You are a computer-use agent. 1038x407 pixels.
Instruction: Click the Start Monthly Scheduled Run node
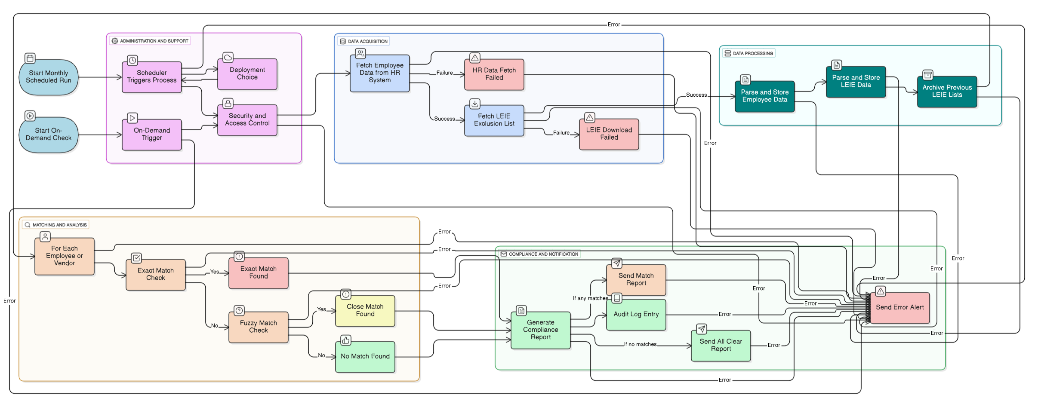(48, 77)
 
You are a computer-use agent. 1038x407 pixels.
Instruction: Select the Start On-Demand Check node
(48, 135)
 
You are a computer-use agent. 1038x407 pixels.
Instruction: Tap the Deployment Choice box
(247, 74)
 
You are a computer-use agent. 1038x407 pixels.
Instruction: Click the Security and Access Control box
(247, 120)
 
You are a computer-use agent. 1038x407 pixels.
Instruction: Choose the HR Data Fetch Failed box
(494, 74)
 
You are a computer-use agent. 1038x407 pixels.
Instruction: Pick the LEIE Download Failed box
(609, 134)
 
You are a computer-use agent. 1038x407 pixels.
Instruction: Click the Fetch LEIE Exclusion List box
(494, 120)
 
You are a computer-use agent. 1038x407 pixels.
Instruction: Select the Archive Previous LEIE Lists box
(947, 92)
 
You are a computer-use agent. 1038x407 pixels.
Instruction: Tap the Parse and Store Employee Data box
(764, 96)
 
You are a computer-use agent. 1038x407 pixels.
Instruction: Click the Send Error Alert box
(899, 308)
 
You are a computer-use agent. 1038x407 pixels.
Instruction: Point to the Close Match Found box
(365, 311)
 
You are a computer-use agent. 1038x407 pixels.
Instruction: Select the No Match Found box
(365, 357)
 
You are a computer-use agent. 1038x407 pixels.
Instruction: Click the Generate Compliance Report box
(540, 330)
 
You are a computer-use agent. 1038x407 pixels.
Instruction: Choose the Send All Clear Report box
(721, 346)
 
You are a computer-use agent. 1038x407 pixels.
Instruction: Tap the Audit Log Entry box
(636, 315)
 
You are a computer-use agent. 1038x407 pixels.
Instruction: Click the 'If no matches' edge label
(640, 345)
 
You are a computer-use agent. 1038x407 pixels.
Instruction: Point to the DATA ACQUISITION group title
(367, 41)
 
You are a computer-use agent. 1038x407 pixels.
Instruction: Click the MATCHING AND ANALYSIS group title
(59, 225)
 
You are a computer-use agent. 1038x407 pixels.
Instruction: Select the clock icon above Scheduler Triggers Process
(132, 61)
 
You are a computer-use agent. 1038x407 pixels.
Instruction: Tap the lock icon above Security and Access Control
(228, 103)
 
